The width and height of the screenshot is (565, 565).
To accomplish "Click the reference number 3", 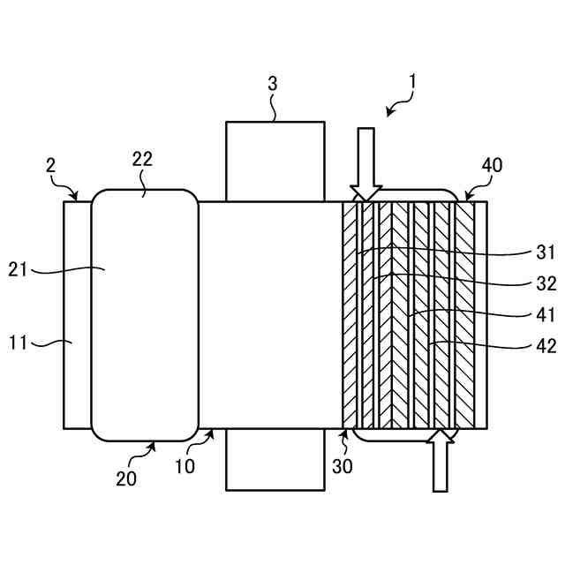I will coord(273,84).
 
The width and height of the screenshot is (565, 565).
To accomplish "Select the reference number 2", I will coord(51,165).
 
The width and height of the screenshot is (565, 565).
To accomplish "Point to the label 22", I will coord(142,160).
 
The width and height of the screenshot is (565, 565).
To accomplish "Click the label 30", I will coord(343,465).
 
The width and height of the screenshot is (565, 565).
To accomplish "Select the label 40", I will coord(493,165).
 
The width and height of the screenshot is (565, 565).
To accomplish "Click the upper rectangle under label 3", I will coord(275,162).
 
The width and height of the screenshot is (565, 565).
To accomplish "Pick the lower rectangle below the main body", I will coord(275,459).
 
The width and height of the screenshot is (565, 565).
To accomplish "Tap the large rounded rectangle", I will coord(145,315).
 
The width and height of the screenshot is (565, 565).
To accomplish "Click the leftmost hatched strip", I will coord(351,315).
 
